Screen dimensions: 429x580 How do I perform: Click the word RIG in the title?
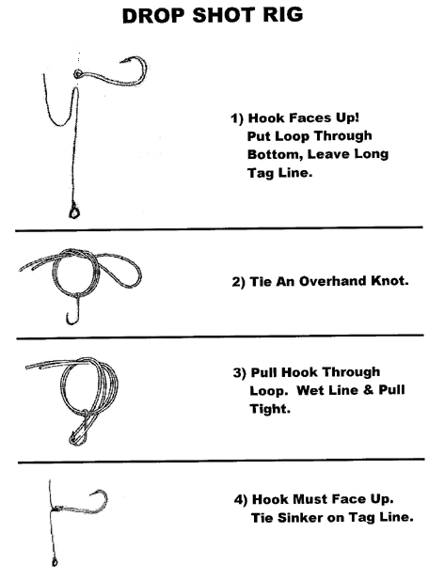point(283,15)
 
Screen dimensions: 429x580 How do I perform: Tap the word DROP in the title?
point(152,16)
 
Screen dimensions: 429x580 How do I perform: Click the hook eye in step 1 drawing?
point(78,74)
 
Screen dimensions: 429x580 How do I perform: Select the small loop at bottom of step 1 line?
point(73,212)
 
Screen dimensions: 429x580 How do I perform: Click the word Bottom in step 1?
point(275,154)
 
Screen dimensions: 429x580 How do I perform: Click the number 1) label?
point(237,118)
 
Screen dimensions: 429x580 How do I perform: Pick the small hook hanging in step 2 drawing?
point(73,311)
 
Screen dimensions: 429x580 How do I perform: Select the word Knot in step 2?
point(389,281)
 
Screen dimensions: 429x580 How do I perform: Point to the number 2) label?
point(238,282)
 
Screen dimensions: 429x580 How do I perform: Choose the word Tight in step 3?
point(270,409)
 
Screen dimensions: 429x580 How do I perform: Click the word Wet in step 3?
point(310,390)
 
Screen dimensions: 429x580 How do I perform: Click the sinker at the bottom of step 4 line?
point(55,563)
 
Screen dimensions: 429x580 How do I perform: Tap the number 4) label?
point(241,500)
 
